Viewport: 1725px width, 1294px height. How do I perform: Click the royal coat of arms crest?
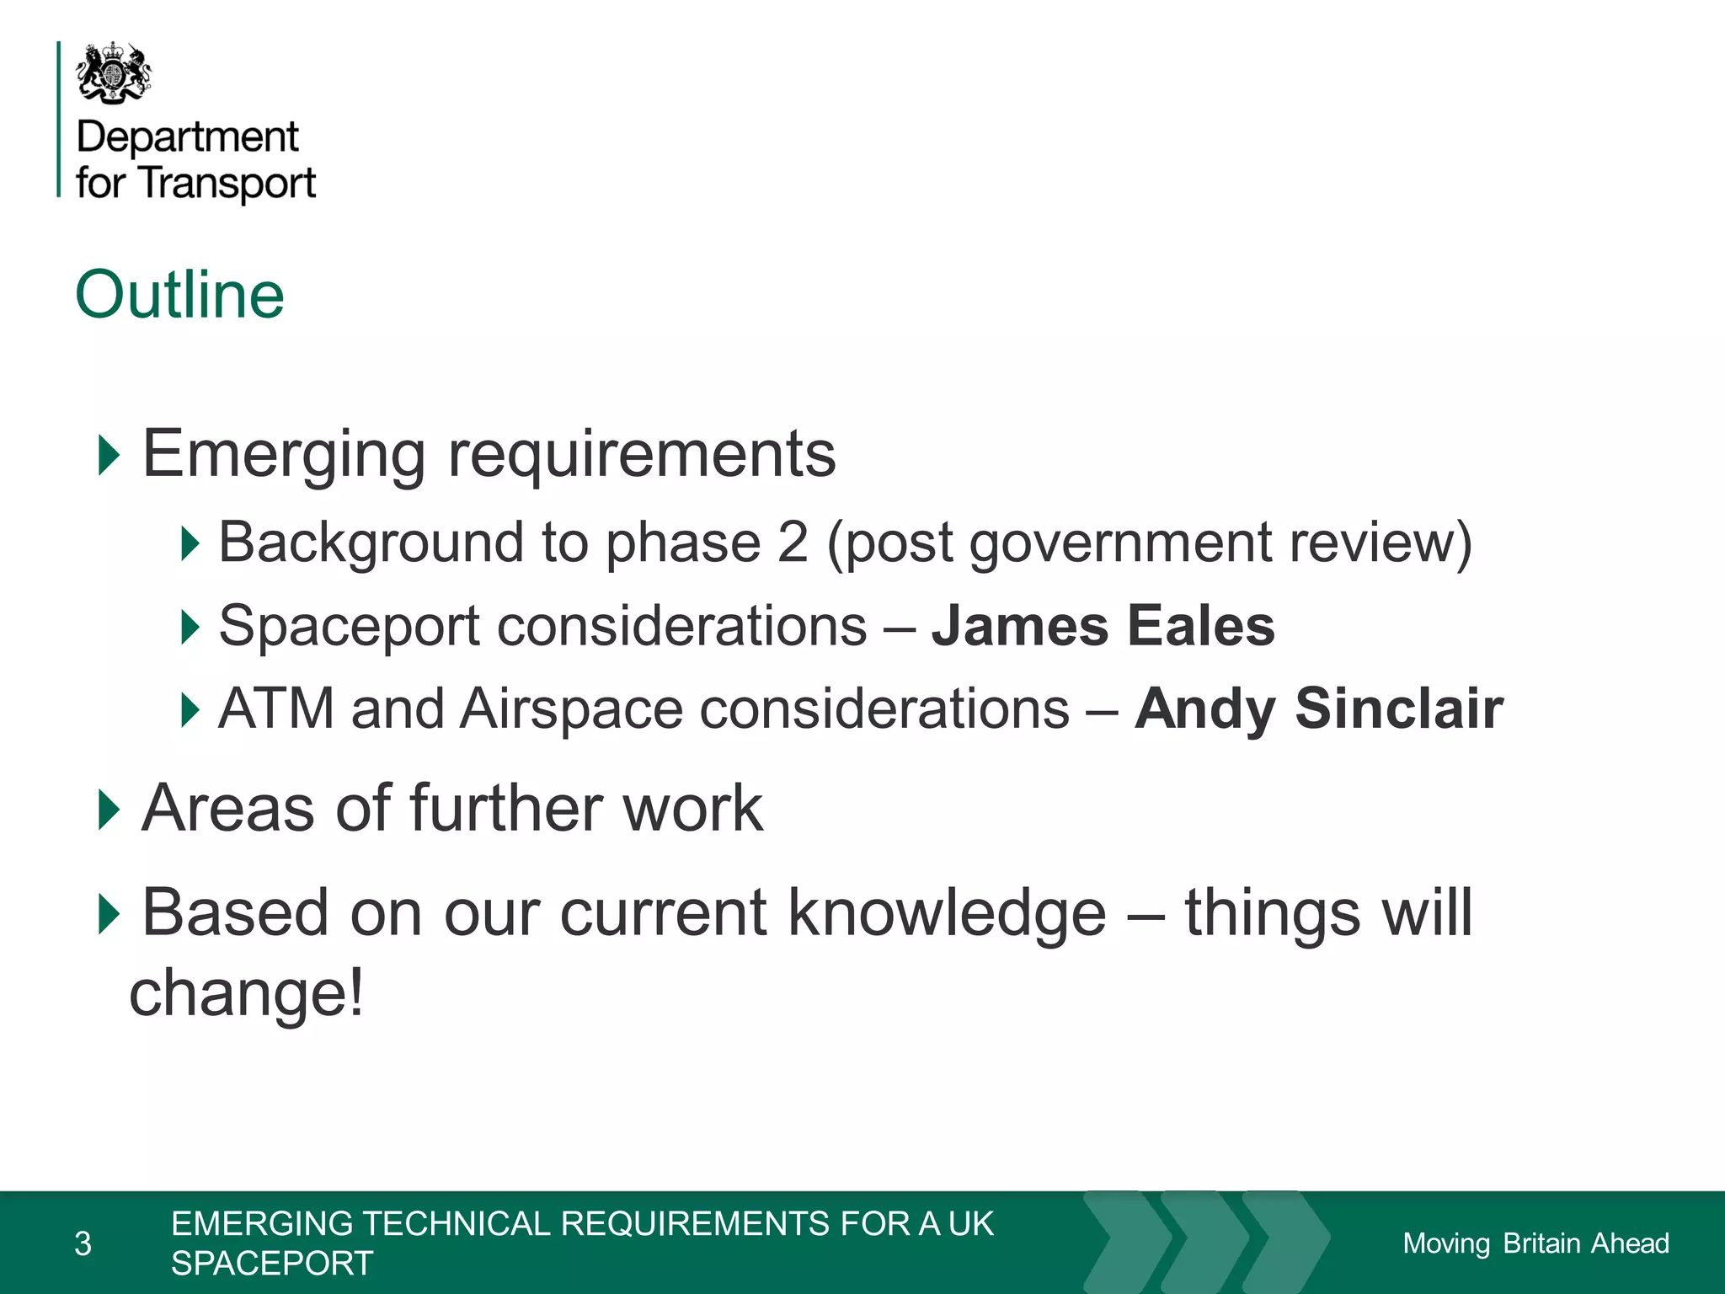[x=114, y=74]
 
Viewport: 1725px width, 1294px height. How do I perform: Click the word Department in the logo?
[x=187, y=137]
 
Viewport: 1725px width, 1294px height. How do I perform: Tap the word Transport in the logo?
[x=227, y=183]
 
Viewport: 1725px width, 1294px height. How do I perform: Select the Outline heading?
[x=179, y=295]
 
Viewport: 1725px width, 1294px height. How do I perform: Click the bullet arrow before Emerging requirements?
[x=109, y=455]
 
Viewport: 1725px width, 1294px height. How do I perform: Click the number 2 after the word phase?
[x=792, y=542]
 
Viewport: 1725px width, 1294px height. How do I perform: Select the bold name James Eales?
[x=1103, y=626]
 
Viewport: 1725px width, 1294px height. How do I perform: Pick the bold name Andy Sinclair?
[x=1318, y=708]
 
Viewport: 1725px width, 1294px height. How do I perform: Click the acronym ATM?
[x=276, y=708]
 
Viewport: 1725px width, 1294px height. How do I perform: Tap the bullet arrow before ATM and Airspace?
[x=190, y=709]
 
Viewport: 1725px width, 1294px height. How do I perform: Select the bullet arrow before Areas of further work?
[x=109, y=810]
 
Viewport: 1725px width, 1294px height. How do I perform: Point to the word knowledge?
[x=947, y=913]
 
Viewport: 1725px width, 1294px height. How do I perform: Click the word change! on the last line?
[x=247, y=992]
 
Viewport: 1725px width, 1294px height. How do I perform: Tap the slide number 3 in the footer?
[x=83, y=1243]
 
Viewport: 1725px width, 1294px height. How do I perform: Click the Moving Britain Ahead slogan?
[x=1535, y=1243]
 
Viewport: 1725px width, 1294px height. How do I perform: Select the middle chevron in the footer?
[x=1204, y=1242]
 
